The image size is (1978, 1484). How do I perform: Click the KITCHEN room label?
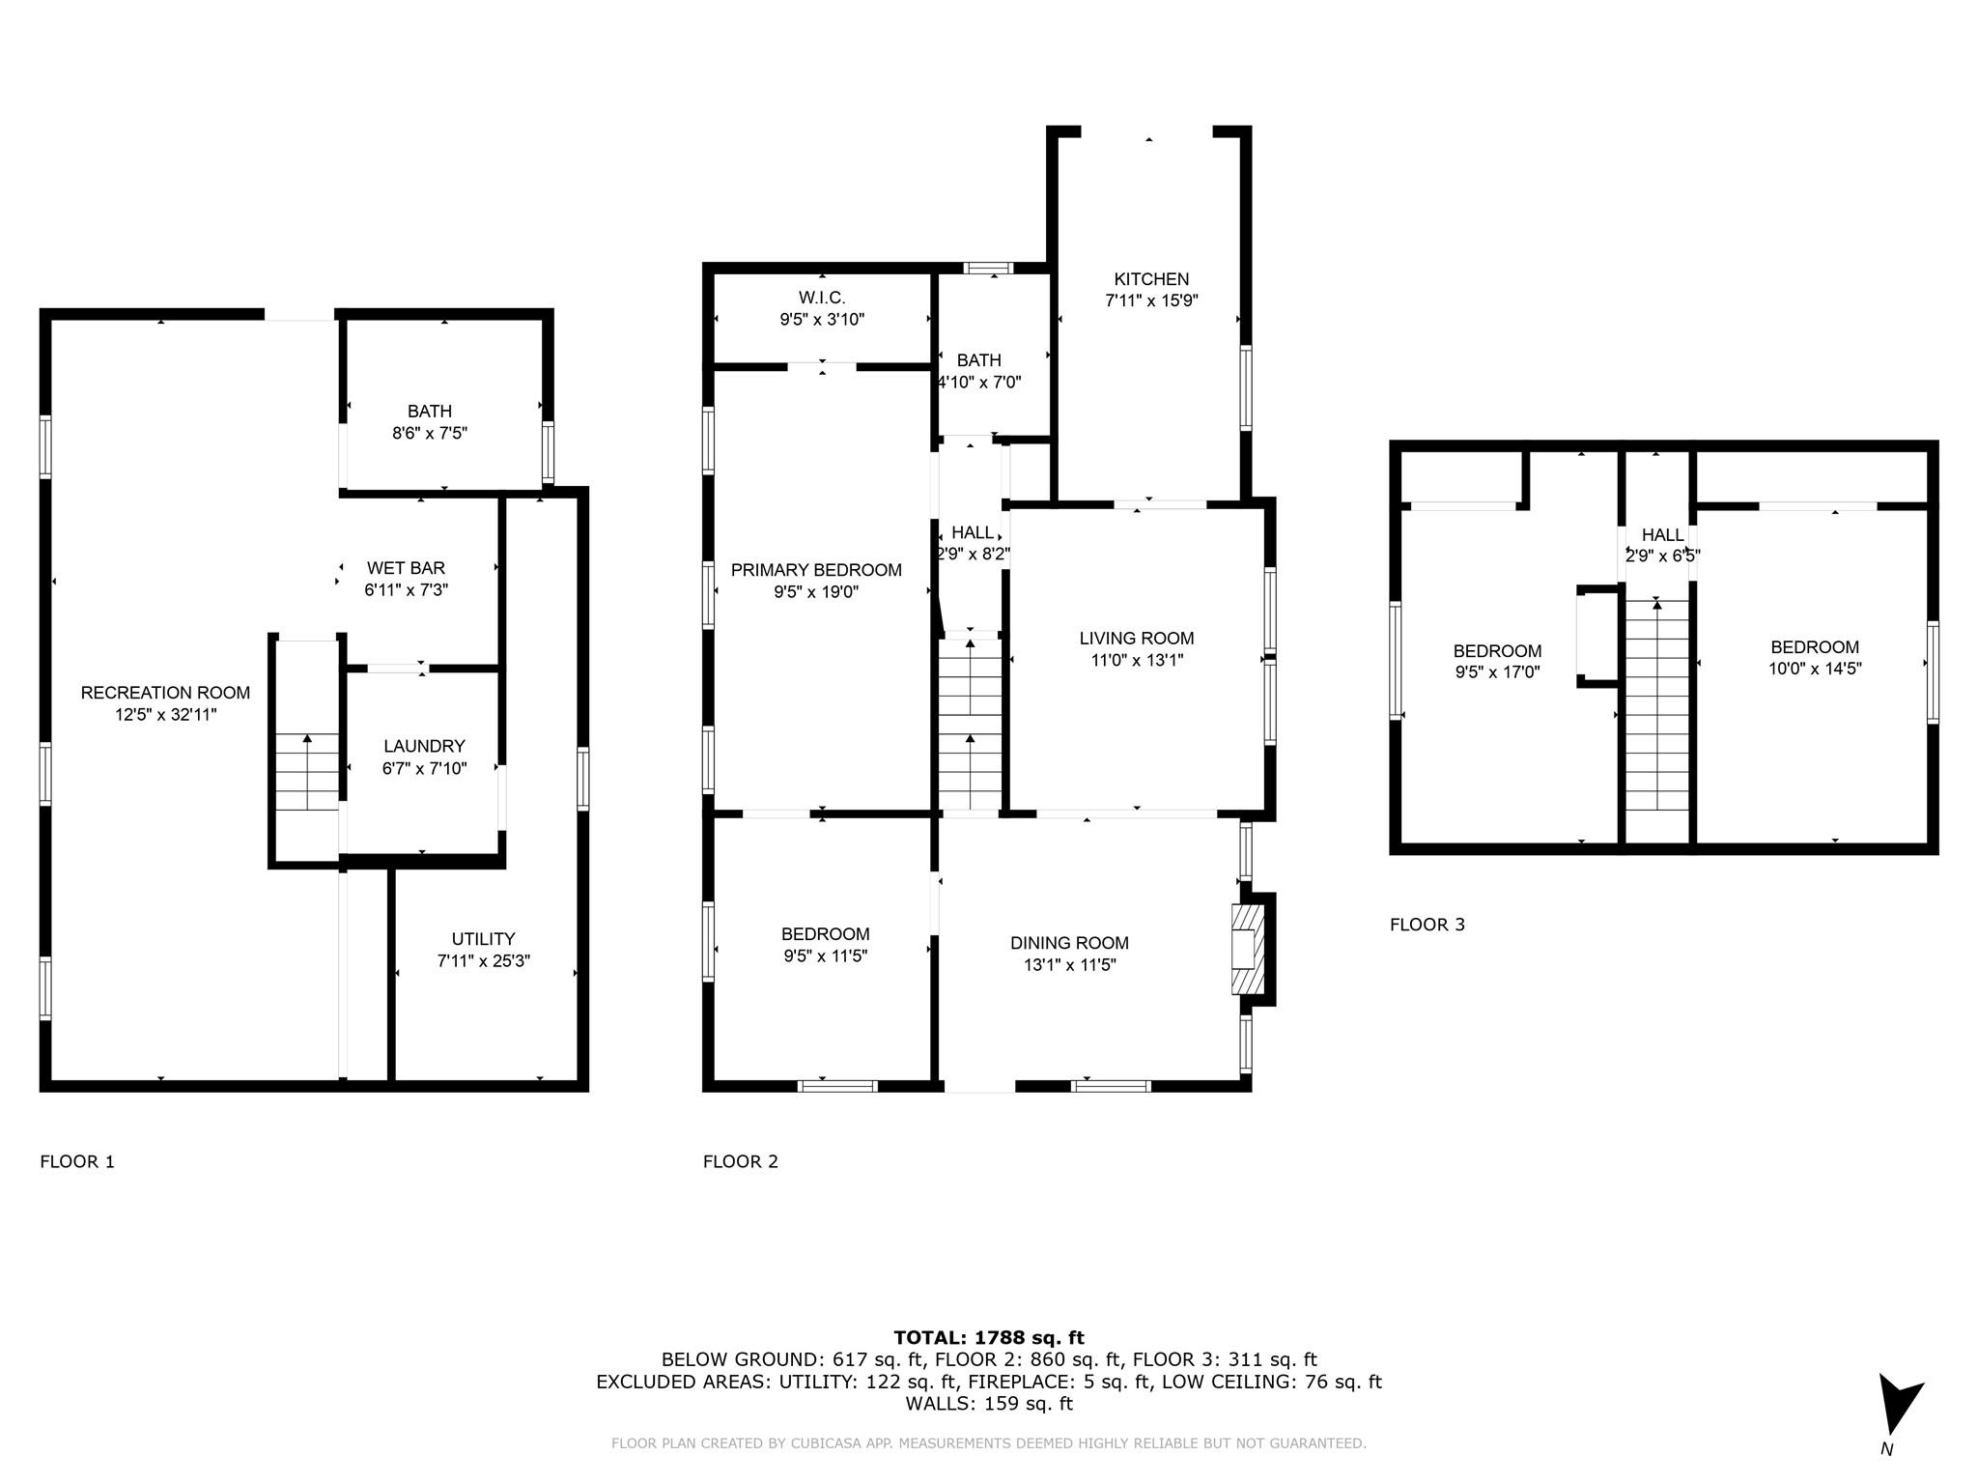1151,279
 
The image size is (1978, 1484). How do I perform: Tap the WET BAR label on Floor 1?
406,568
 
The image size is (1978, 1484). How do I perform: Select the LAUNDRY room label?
424,746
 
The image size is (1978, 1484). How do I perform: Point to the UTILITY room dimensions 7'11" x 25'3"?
483,961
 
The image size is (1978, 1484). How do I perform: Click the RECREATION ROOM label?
165,693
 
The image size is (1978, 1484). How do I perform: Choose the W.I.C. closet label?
822,298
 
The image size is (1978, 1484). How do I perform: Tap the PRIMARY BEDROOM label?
816,570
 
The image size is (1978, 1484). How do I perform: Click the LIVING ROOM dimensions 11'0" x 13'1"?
1136,661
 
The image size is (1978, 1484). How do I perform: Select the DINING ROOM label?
1069,943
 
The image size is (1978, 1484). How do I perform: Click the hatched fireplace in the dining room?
1246,950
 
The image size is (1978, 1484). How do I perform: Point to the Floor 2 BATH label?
979,360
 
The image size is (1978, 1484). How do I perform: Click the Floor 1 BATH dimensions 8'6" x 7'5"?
430,434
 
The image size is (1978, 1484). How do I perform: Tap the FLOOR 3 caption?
1427,925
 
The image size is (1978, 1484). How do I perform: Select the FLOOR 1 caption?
77,1162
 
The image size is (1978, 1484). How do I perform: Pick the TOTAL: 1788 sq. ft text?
988,1338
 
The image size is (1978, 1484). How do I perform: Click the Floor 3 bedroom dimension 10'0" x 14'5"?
1815,669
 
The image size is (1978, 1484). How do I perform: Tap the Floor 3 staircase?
1657,705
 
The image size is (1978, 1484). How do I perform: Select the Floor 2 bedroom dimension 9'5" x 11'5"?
825,956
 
